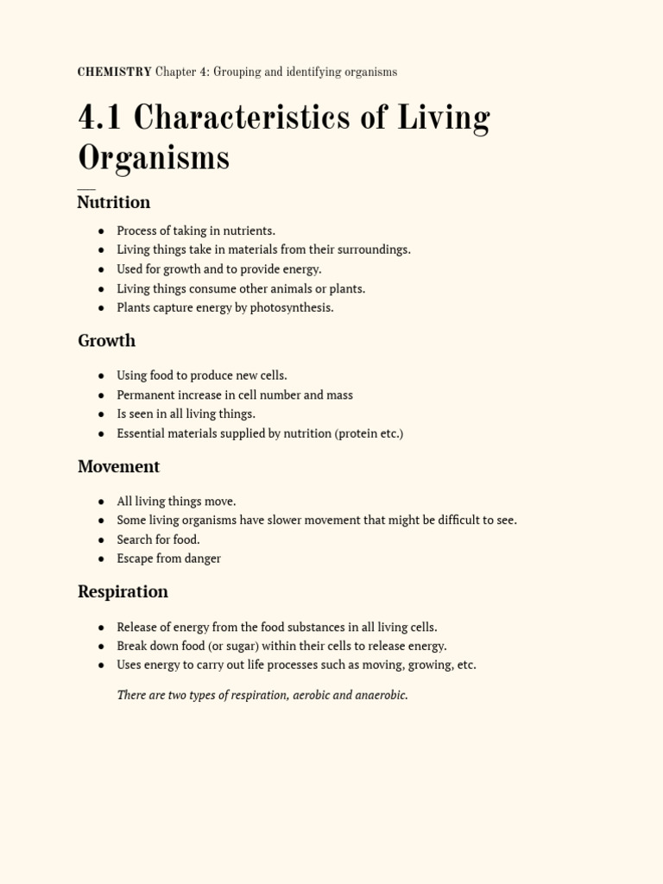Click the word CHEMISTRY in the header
tap(114, 73)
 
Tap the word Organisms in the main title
tap(154, 158)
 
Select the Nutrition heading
tap(114, 202)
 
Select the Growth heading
tap(107, 340)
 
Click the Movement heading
tap(119, 466)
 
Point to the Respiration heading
tap(123, 591)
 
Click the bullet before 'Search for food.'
tap(102, 540)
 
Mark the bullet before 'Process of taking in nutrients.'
tap(102, 231)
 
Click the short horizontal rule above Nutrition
tap(86, 188)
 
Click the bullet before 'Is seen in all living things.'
tap(102, 414)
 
